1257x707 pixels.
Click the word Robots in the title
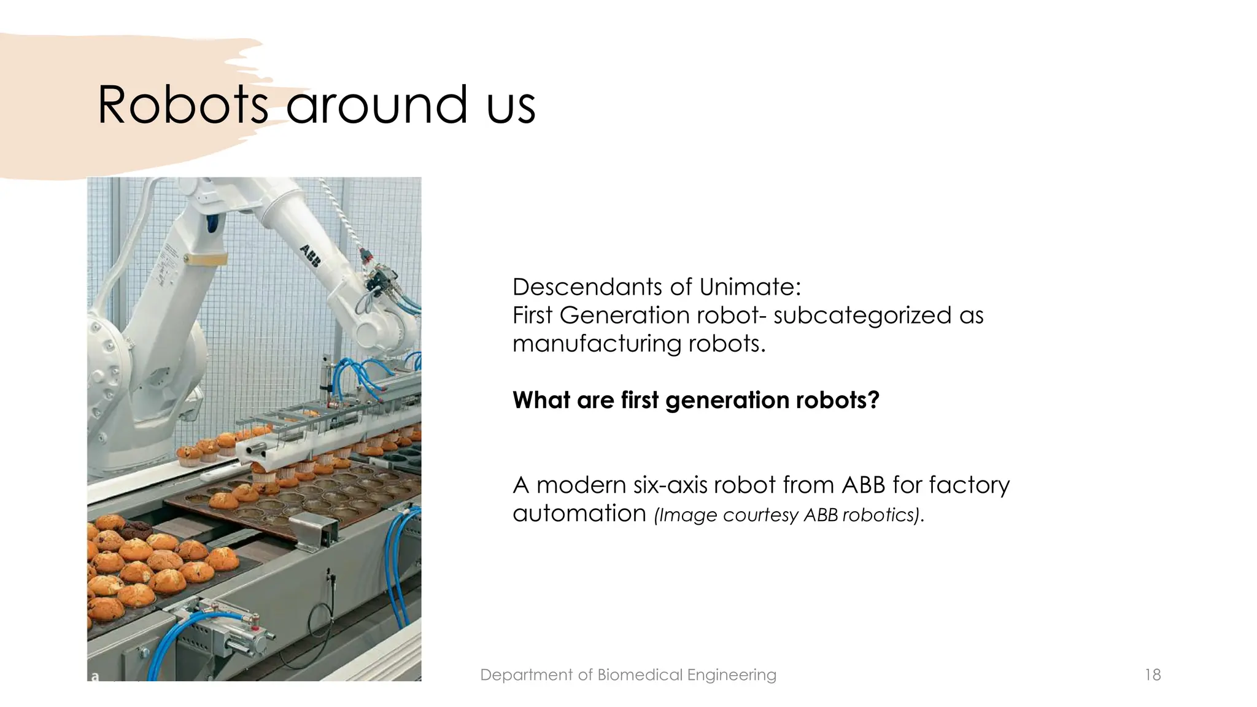coord(183,105)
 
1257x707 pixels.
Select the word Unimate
coord(749,287)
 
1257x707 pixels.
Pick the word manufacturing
coord(597,344)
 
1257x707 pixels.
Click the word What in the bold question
coord(541,400)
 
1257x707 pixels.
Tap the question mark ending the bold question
coord(874,400)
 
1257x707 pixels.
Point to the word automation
coord(579,514)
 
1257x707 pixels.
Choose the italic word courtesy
coord(760,515)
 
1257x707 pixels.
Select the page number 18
coord(1153,675)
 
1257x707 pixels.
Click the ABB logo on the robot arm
coord(310,255)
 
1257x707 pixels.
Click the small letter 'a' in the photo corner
coord(95,677)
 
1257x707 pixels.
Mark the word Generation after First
coord(625,315)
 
